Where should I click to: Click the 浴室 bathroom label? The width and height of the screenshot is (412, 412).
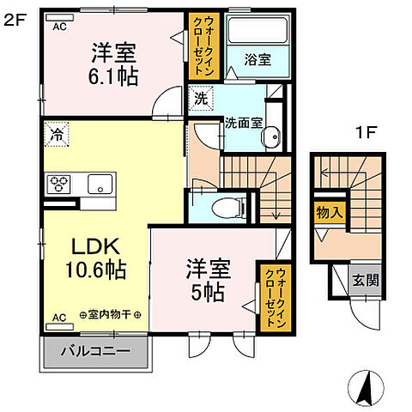[x=257, y=61]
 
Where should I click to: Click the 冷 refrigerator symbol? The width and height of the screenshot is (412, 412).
[x=56, y=135]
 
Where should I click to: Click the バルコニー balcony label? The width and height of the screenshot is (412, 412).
[x=96, y=351]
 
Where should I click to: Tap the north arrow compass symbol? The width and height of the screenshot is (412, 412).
[x=365, y=390]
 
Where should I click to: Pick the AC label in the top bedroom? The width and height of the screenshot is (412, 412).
[x=60, y=26]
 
